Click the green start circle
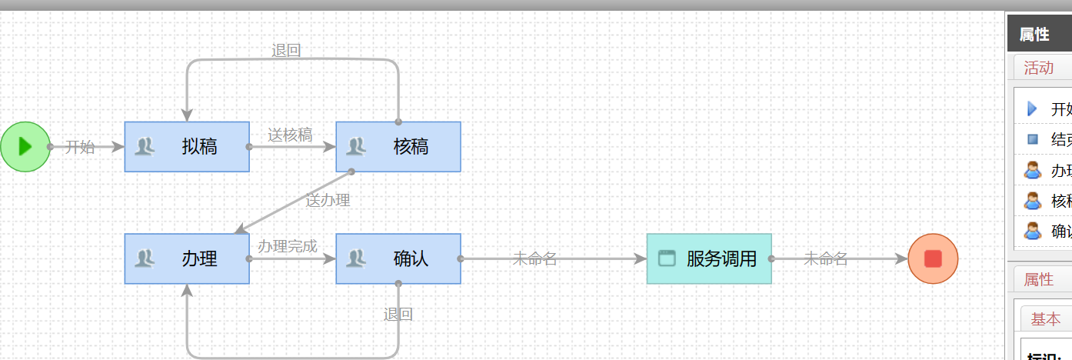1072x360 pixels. [x=25, y=146]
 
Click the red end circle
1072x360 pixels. [x=933, y=258]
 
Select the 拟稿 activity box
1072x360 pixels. [x=187, y=146]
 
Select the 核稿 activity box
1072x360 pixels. [x=398, y=146]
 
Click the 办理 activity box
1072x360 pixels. [x=187, y=258]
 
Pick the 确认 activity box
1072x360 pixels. [x=398, y=258]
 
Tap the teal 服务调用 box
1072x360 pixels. [x=709, y=258]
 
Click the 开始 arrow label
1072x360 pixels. [x=79, y=147]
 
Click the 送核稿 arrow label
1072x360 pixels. [x=290, y=135]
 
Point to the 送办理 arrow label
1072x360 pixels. [x=328, y=200]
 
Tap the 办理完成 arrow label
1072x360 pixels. [x=287, y=246]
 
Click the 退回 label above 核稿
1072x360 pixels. [x=286, y=51]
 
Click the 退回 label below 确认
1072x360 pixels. [x=398, y=314]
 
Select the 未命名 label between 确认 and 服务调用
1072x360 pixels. [x=534, y=258]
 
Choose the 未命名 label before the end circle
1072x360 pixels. [x=825, y=258]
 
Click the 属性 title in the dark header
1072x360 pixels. [x=1034, y=34]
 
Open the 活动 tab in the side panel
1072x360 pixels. [x=1038, y=68]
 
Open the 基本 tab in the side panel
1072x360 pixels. [x=1045, y=318]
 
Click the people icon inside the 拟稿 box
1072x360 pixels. [x=145, y=146]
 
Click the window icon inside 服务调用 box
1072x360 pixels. [x=667, y=258]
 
